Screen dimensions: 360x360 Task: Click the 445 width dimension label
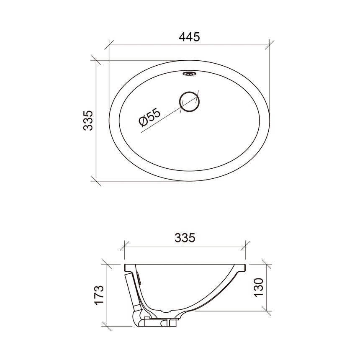(x=189, y=37)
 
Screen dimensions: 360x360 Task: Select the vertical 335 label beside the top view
(x=88, y=121)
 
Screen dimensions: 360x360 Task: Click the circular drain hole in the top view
(x=190, y=102)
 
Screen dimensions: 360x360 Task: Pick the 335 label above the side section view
(x=185, y=238)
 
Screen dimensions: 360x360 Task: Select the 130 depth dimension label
(x=258, y=288)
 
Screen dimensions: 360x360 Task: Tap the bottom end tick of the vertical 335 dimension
(x=96, y=181)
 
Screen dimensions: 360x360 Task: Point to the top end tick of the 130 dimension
(x=267, y=265)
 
